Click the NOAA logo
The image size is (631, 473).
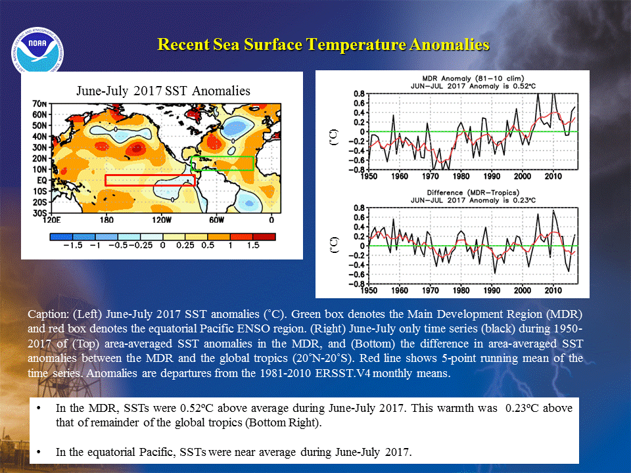pyautogui.click(x=37, y=51)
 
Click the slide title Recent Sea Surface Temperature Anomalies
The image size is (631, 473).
pyautogui.click(x=323, y=44)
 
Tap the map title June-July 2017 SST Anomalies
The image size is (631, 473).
pyautogui.click(x=163, y=91)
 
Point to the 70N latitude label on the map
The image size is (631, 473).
pyautogui.click(x=39, y=104)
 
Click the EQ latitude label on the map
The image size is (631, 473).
pyautogui.click(x=42, y=181)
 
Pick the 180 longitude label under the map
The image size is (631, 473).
pyautogui.click(x=106, y=220)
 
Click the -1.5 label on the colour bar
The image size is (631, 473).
pyautogui.click(x=73, y=245)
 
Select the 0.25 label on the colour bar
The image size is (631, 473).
pyautogui.click(x=185, y=245)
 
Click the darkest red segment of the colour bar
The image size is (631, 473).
pyautogui.click(x=264, y=237)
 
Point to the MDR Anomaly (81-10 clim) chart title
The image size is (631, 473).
pyautogui.click(x=473, y=78)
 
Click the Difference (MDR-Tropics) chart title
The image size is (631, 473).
pyautogui.click(x=473, y=192)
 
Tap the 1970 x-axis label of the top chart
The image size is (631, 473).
pyautogui.click(x=430, y=176)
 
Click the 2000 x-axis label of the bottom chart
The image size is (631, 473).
pyautogui.click(x=523, y=290)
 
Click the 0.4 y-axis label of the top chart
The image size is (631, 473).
pyautogui.click(x=359, y=112)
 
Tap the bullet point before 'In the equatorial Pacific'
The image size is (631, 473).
pyautogui.click(x=39, y=452)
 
